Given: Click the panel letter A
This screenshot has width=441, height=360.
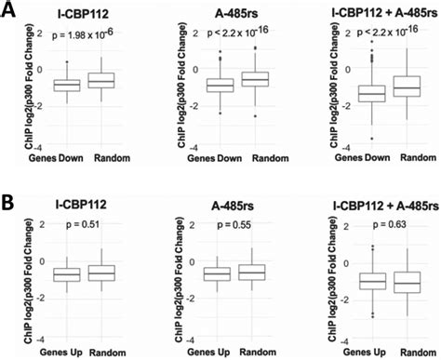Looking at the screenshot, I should (x=8, y=9).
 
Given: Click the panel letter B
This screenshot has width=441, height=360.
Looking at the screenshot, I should (x=8, y=200).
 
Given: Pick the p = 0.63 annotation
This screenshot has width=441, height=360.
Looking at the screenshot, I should (x=381, y=223).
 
